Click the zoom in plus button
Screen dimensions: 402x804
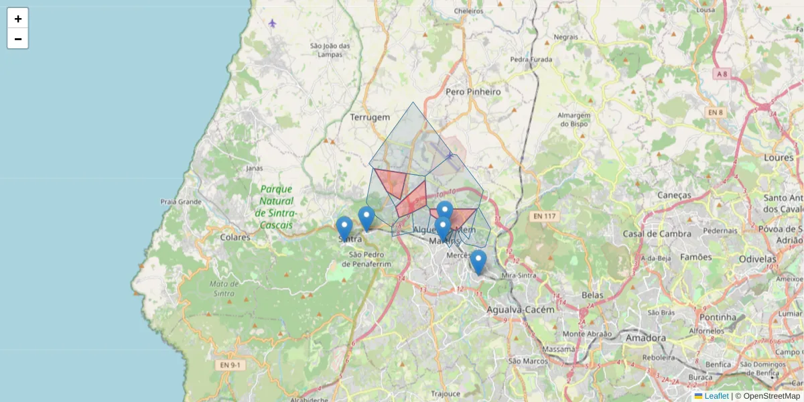18,19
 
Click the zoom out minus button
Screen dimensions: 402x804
18,39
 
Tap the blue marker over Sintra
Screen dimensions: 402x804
344,228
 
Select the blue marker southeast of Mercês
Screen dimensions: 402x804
478,261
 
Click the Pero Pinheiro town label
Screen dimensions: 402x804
473,91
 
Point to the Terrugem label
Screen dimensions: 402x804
369,117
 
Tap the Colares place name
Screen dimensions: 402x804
235,237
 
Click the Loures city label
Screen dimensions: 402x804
779,157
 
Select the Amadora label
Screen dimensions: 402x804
645,338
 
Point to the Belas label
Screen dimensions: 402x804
593,295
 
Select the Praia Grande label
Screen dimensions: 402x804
181,201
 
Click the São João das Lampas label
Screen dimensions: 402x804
330,50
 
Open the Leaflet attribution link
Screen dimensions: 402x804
716,396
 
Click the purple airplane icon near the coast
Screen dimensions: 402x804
272,23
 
